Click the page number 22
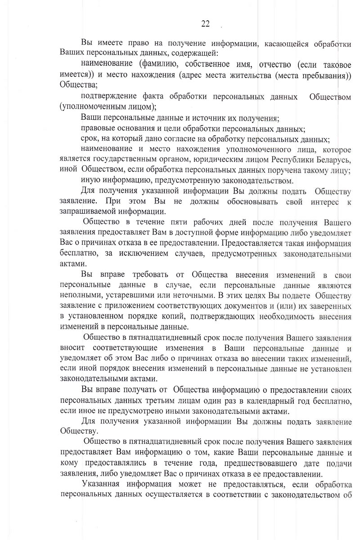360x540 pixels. [x=205, y=24]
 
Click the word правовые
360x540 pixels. [x=99, y=128]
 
